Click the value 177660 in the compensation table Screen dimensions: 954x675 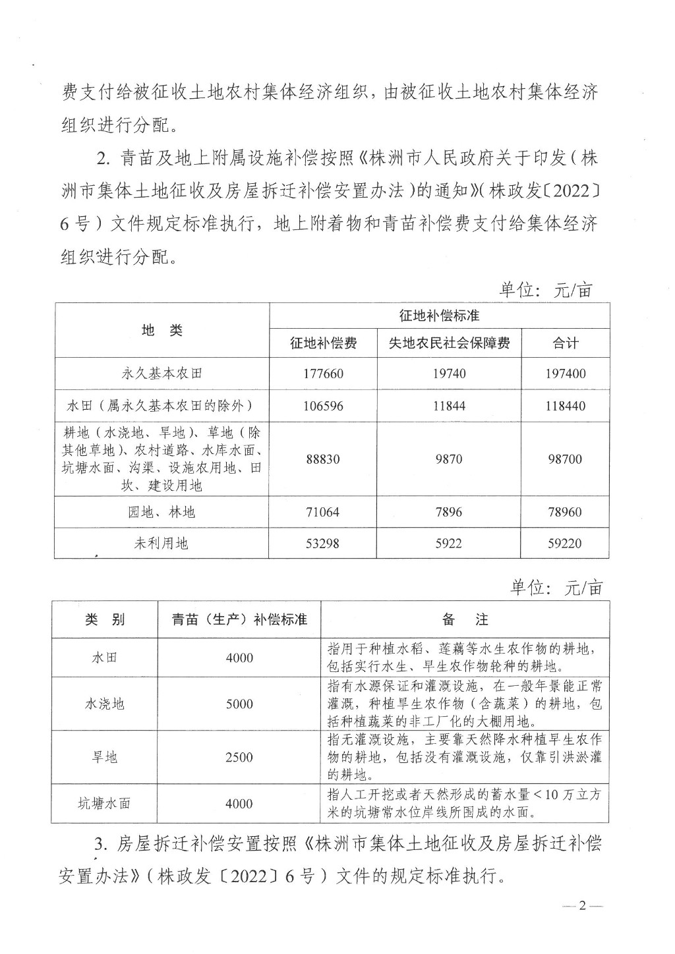(324, 374)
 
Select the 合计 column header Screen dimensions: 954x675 (565, 343)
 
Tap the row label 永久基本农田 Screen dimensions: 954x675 (161, 374)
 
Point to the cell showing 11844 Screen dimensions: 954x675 (449, 406)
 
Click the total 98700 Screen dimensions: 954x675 (565, 459)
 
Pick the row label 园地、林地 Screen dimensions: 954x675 (161, 512)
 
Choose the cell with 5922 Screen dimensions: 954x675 (449, 544)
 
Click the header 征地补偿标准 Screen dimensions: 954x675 (439, 316)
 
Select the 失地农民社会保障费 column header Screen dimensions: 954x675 (449, 343)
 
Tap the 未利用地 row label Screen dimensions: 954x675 (161, 544)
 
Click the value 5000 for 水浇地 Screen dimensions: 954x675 (239, 704)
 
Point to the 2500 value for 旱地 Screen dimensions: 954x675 (239, 757)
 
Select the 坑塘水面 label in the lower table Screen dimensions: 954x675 (104, 804)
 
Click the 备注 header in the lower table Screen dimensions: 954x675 (465, 620)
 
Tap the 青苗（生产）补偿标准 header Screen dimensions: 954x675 (239, 620)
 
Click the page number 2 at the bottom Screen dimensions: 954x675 (582, 924)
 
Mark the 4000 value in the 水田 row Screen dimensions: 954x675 (239, 658)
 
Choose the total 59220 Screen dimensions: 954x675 (565, 544)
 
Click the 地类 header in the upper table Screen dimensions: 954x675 (161, 330)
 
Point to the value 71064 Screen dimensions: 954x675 (324, 512)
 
